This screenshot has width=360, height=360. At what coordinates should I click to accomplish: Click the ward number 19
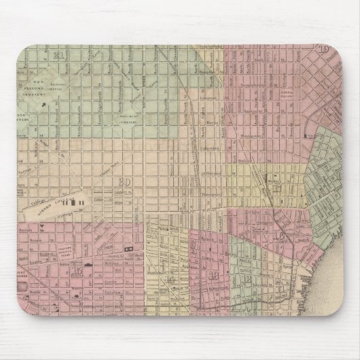click(325, 49)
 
